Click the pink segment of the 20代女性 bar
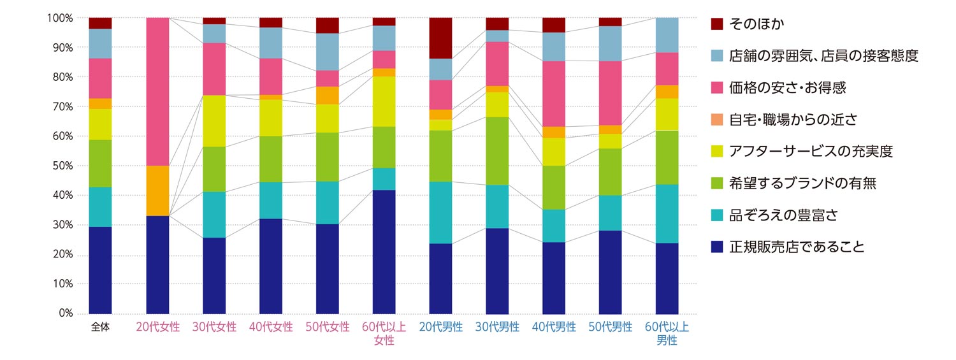click(157, 91)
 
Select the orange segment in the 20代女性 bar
click(157, 191)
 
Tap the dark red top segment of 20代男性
click(440, 38)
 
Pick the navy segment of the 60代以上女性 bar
click(384, 251)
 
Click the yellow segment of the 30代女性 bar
click(214, 120)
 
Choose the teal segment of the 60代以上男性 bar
click(667, 213)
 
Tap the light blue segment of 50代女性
click(328, 52)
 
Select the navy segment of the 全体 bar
click(101, 270)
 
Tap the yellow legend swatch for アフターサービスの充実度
click(716, 152)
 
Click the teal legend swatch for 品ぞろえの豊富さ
click(716, 215)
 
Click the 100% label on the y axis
click(60, 18)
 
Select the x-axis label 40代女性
click(271, 328)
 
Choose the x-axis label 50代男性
click(611, 328)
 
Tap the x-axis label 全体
click(101, 328)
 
